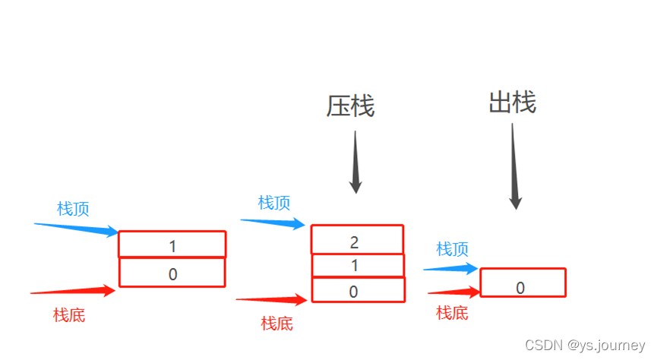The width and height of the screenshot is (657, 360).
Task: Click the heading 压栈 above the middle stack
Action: (350, 106)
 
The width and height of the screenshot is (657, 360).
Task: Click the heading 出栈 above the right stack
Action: (512, 102)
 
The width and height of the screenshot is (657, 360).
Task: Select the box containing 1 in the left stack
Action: (172, 245)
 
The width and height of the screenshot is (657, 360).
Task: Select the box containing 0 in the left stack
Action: (172, 273)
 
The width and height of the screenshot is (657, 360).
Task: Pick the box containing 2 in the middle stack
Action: (357, 239)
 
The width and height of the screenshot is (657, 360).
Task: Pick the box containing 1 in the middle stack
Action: (358, 266)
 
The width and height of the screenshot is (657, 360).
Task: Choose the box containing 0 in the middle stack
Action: (358, 290)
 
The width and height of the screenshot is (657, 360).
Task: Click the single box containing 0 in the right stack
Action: (523, 283)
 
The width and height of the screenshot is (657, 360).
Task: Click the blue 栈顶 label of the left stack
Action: (73, 209)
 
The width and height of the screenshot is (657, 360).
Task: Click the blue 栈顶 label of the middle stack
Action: (274, 203)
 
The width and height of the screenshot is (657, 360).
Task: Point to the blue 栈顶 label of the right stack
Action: (452, 248)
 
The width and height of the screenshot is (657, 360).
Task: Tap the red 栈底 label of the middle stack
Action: (276, 324)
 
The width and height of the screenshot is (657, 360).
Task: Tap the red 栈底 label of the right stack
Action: (452, 312)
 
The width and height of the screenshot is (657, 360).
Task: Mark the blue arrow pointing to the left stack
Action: (76, 228)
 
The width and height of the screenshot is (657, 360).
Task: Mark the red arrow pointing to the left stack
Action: (73, 291)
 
